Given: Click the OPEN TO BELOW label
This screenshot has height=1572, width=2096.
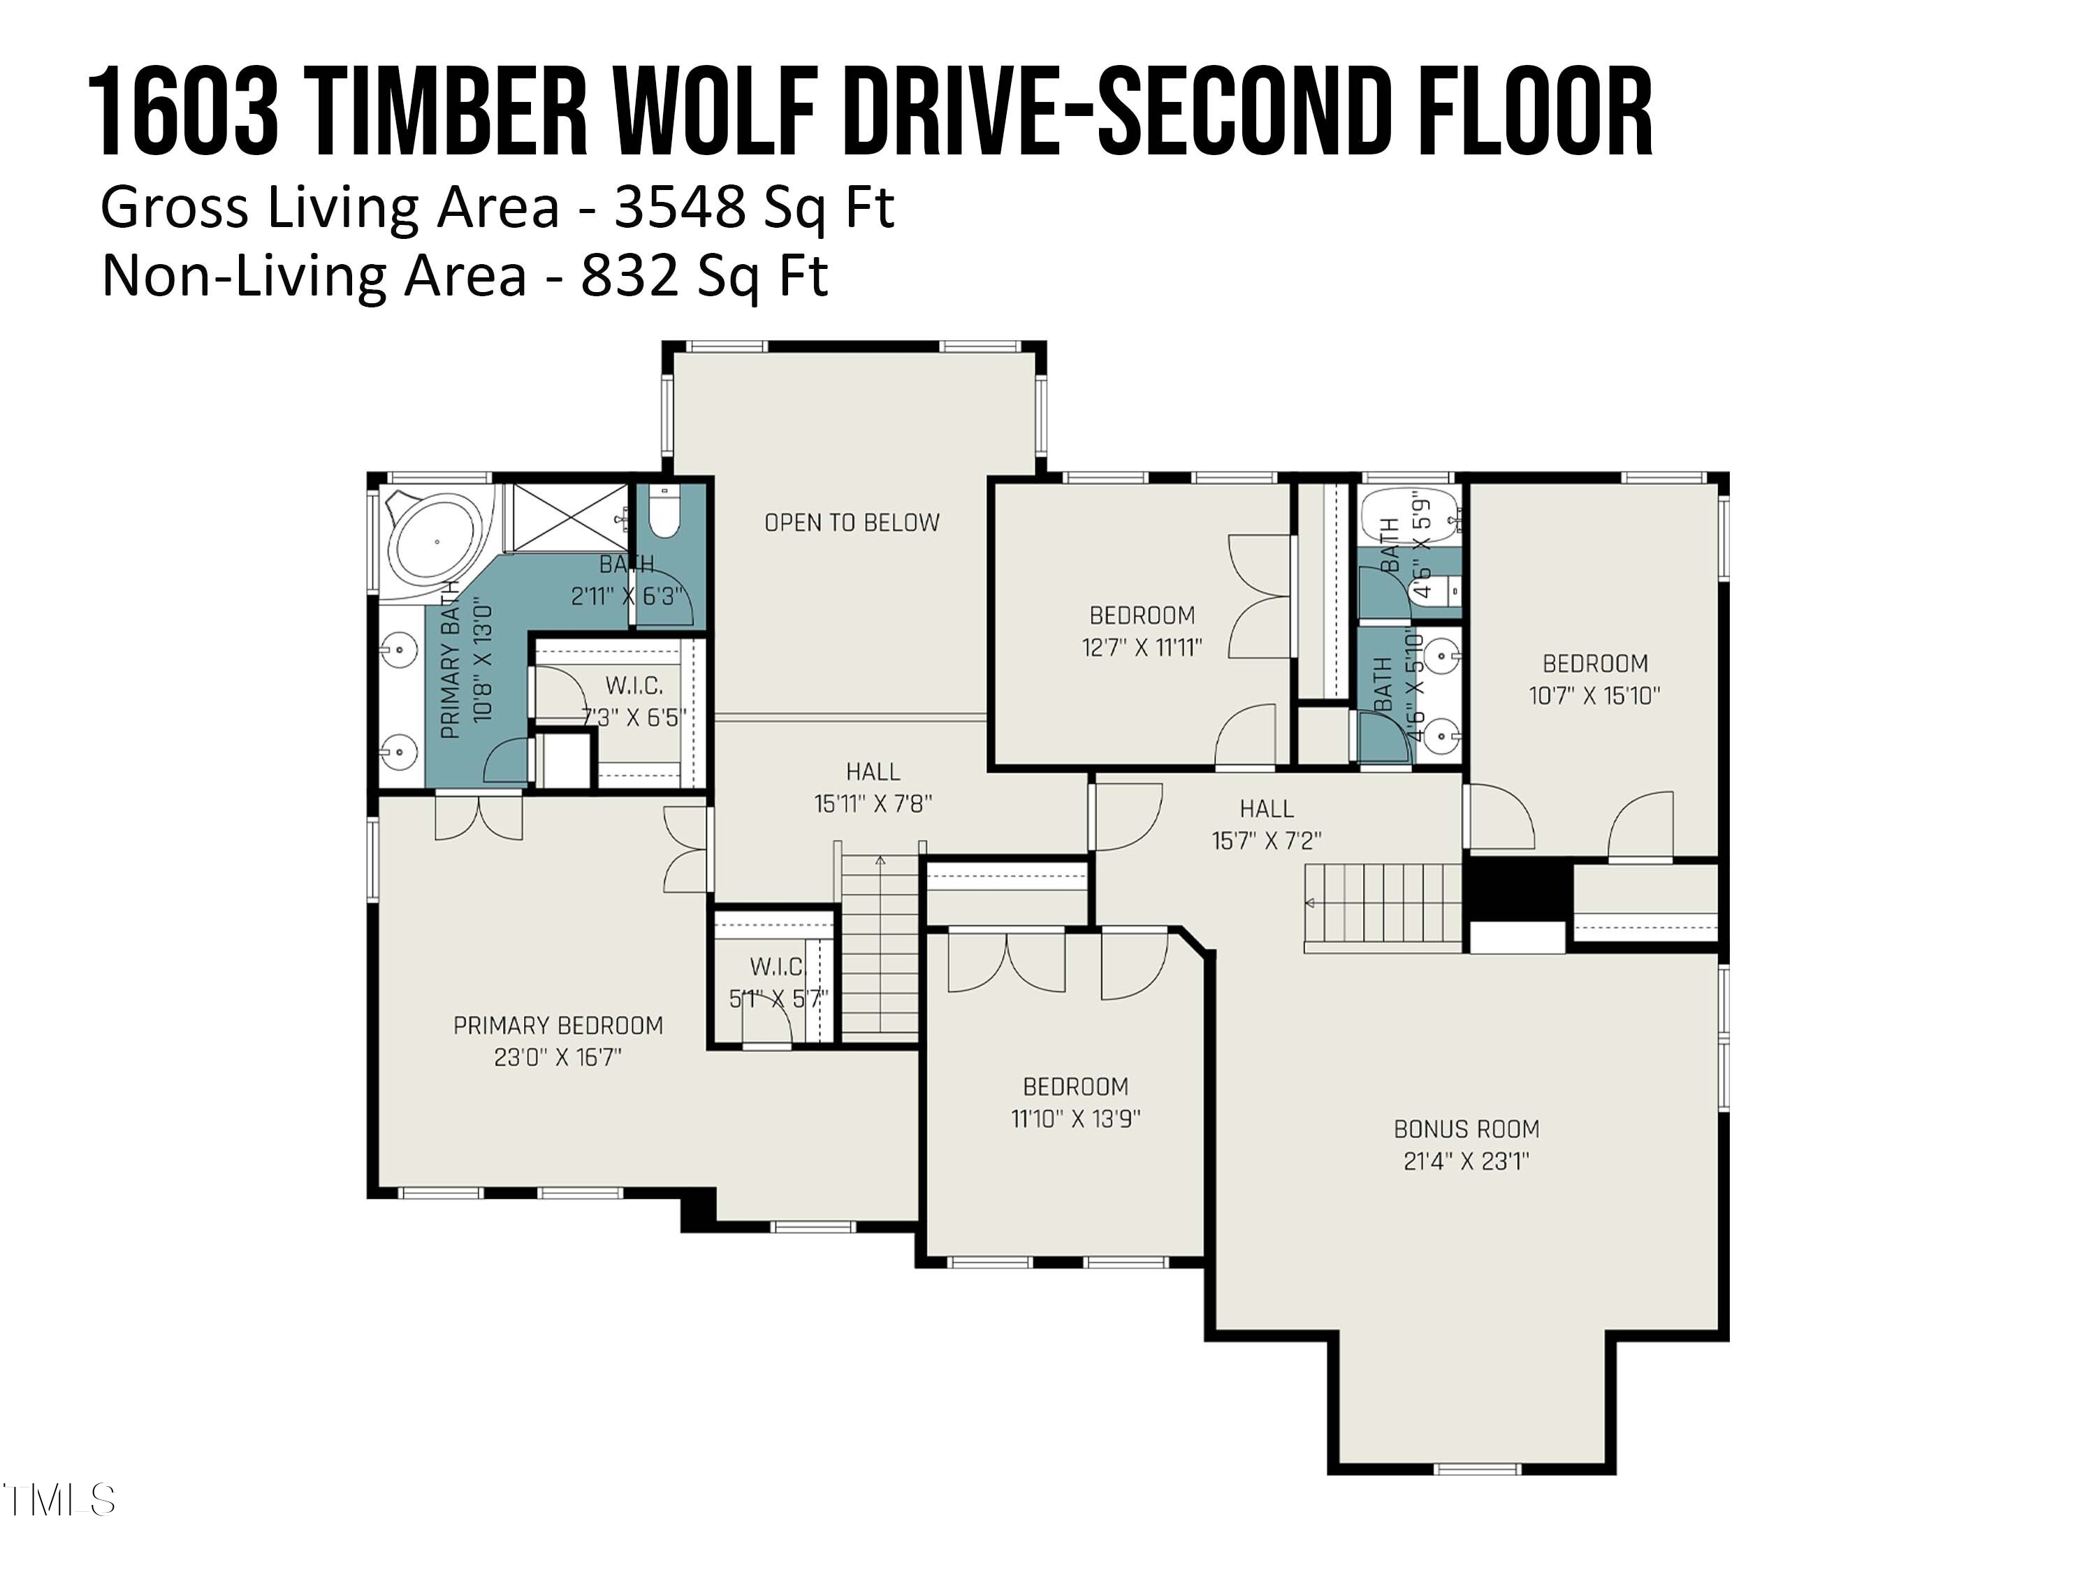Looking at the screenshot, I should tap(851, 522).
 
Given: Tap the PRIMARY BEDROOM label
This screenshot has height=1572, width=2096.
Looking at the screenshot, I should tap(558, 1025).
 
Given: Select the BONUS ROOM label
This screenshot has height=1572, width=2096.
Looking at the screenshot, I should tap(1466, 1130).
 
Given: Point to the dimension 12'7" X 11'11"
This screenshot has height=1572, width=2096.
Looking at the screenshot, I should tap(1142, 647).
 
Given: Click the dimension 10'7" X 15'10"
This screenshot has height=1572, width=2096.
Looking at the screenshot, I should tap(1595, 695).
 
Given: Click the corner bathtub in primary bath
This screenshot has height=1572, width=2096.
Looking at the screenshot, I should tap(436, 542).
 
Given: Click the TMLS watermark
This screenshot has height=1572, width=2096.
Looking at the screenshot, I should tap(59, 1500).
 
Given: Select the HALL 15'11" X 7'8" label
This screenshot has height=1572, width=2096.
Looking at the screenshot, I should tap(873, 787).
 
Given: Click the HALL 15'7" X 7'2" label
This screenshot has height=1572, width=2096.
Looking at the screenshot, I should tap(1266, 824).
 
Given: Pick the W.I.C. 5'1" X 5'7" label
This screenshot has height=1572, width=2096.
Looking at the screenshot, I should tap(777, 982).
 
